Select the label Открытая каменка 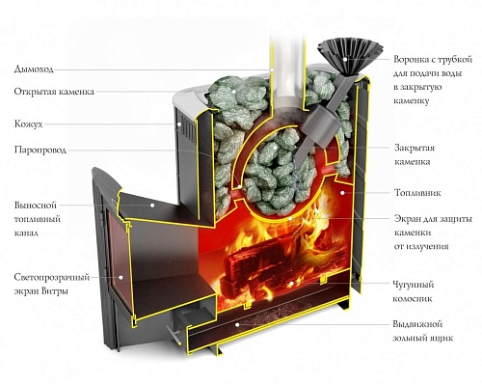53,94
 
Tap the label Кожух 29,124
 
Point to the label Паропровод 40,151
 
